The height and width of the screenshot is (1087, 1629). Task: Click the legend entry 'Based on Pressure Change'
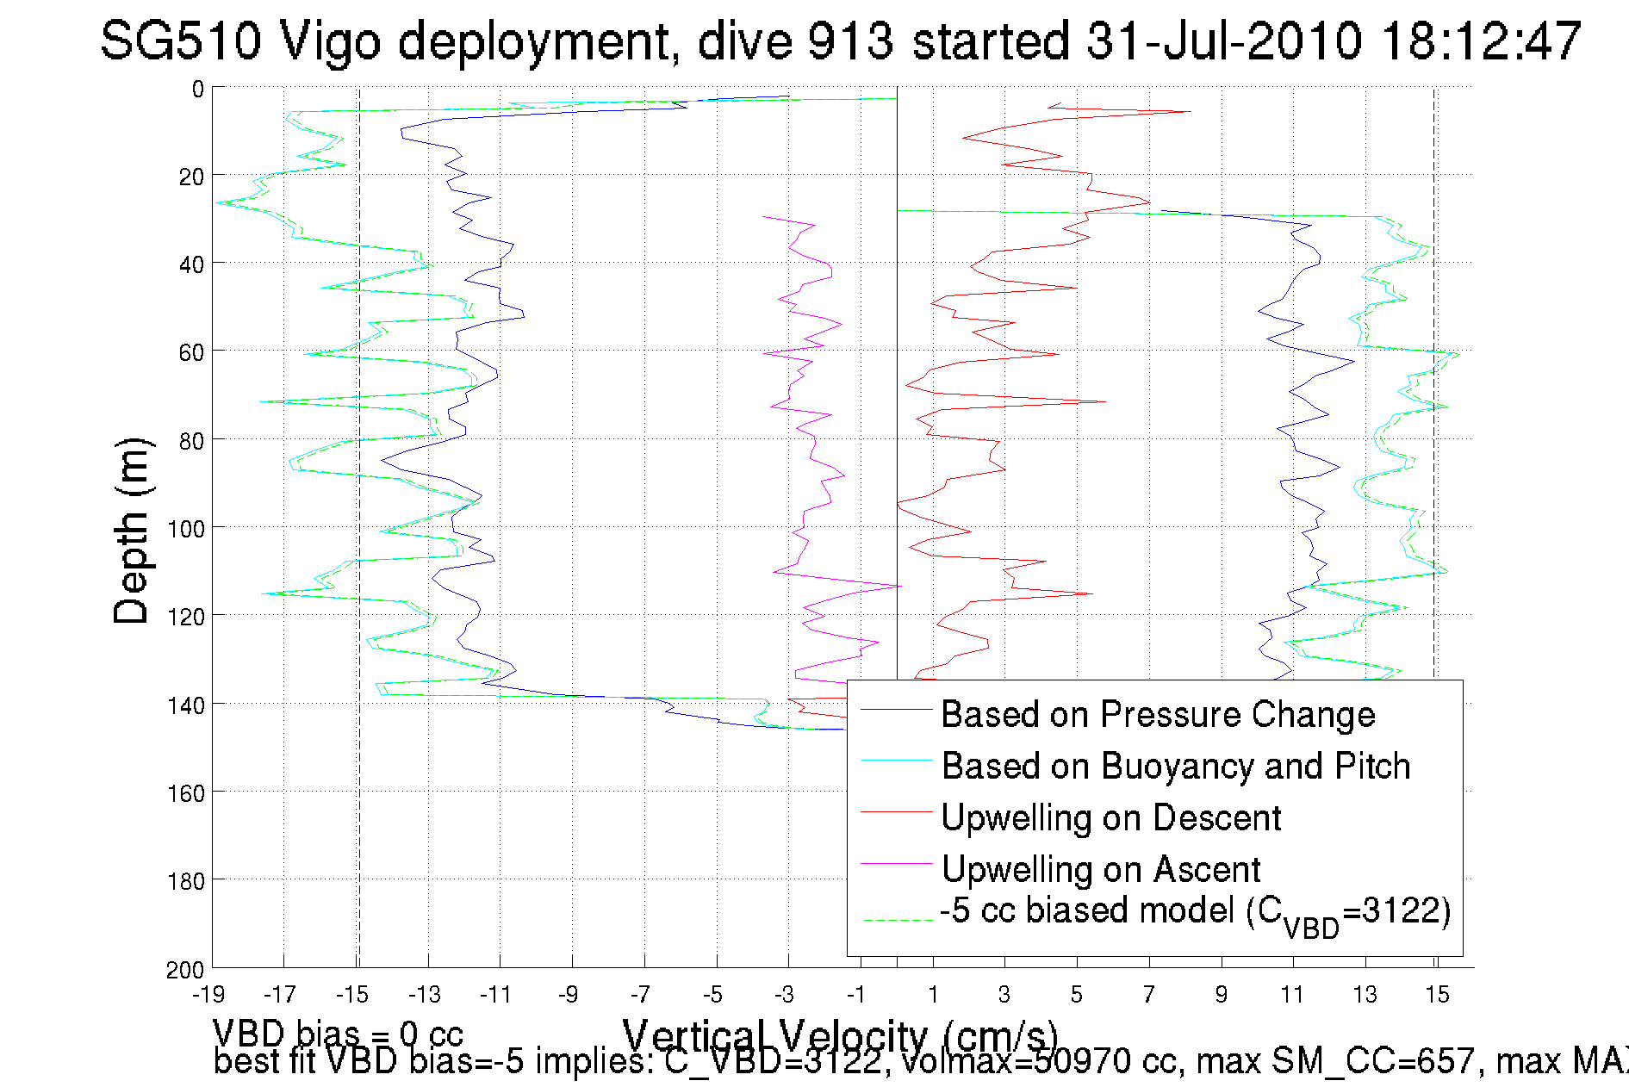(1157, 715)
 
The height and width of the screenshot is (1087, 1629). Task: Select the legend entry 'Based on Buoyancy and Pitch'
(1175, 767)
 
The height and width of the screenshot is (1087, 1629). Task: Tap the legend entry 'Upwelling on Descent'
(1110, 818)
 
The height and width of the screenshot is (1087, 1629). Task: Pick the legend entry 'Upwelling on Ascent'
(1100, 870)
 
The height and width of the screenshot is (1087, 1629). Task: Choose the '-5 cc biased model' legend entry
(1194, 913)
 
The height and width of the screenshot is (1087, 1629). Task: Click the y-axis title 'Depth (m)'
(132, 531)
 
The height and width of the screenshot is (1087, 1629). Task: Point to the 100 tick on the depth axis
(186, 529)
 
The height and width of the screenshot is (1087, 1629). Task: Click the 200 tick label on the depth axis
(186, 970)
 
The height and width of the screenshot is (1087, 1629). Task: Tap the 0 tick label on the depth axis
(198, 89)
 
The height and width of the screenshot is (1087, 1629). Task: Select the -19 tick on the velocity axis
(208, 995)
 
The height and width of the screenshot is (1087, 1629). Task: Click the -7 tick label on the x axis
(641, 995)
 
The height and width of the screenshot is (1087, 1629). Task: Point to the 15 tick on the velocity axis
(1437, 995)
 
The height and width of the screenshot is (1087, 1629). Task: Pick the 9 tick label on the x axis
(1222, 995)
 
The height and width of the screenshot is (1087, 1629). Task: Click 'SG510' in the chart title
(180, 40)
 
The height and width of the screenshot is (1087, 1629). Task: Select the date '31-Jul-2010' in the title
(1223, 40)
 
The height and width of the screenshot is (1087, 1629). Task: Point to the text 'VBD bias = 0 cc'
(338, 1034)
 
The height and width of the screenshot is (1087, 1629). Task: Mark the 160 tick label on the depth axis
(186, 793)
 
